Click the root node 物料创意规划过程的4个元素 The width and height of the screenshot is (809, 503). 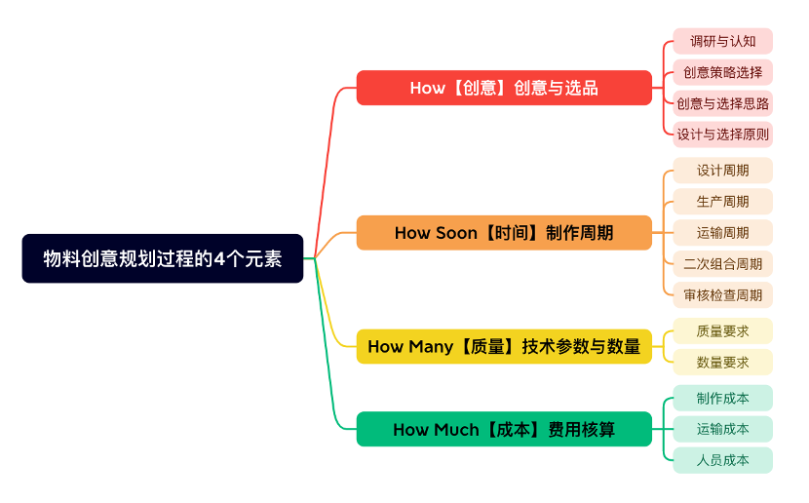(x=163, y=258)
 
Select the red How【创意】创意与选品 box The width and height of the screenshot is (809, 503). (x=504, y=88)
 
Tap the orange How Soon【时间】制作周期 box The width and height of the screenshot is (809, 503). (x=504, y=233)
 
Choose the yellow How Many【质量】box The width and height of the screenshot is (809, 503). (x=504, y=346)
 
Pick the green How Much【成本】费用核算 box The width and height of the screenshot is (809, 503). (x=504, y=429)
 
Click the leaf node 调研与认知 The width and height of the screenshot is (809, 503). (x=723, y=41)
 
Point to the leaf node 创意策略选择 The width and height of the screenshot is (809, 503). (x=723, y=72)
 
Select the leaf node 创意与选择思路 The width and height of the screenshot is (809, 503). (x=723, y=103)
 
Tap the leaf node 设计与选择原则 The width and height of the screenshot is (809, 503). (x=723, y=135)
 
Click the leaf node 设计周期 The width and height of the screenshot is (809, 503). (x=723, y=171)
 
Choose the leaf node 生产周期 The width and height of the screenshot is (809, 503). (x=723, y=202)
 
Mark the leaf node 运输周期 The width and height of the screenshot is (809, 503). (x=723, y=233)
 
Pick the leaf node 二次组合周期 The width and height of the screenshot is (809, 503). (x=723, y=263)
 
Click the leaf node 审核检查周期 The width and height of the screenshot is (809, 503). (x=723, y=294)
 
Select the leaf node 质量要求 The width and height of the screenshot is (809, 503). (x=723, y=331)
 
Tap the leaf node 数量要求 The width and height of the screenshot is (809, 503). (x=723, y=363)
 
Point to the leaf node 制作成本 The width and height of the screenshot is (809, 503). (x=723, y=398)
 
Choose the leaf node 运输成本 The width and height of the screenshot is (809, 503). (x=723, y=429)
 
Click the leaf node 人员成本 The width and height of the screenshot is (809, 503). (x=723, y=460)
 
